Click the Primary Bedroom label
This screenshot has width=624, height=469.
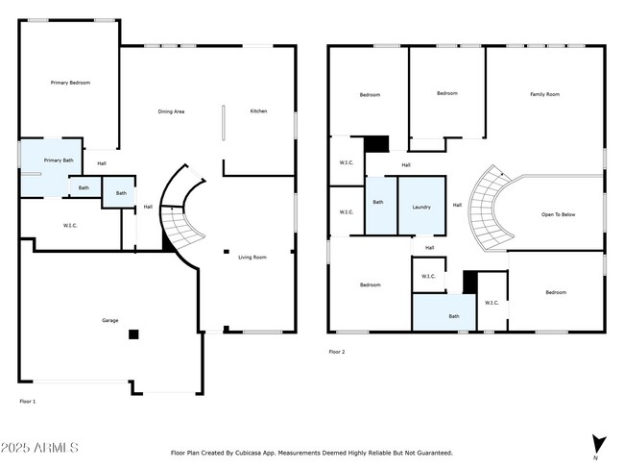click(70, 84)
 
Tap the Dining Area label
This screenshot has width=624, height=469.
click(171, 112)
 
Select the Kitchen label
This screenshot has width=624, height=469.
click(258, 111)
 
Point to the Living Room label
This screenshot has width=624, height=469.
click(252, 257)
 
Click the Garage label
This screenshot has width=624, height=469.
click(110, 320)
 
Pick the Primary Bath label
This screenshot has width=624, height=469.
click(59, 160)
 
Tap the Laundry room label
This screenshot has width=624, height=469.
click(420, 207)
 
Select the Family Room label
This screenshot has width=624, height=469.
click(544, 94)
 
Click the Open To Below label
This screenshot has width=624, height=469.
click(558, 213)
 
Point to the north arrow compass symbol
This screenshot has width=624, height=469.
click(600, 444)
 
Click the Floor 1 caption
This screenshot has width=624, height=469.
click(28, 400)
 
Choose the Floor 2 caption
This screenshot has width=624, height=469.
click(337, 352)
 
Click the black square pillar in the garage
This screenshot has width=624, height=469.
click(134, 334)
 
